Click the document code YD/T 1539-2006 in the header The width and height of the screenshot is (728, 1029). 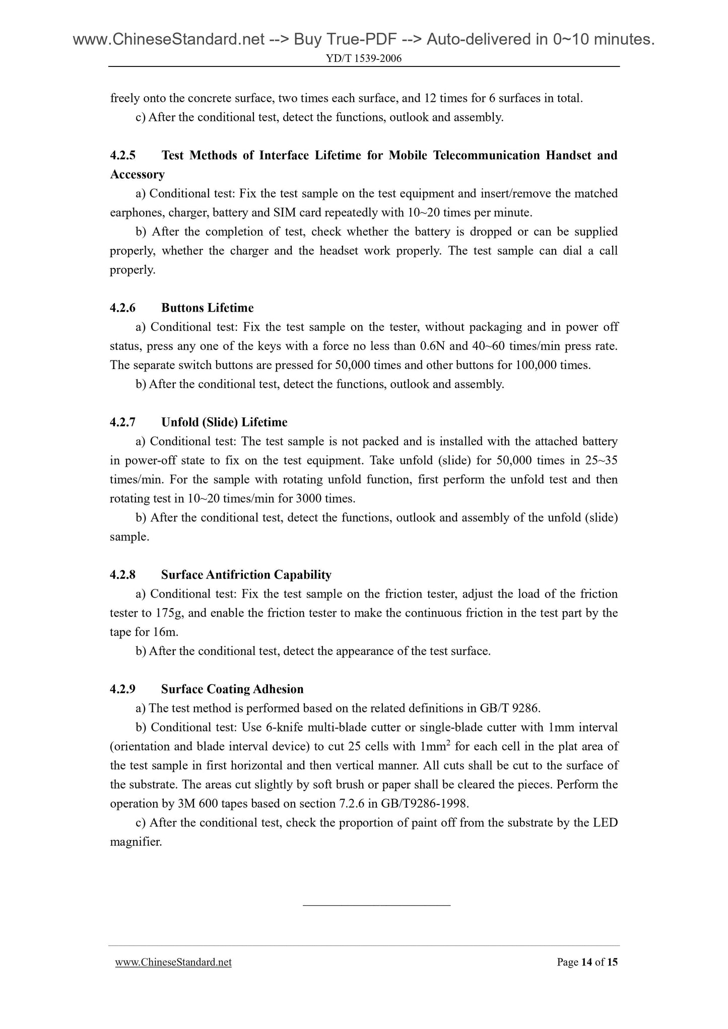(x=364, y=59)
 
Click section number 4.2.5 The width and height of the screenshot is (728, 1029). (x=123, y=156)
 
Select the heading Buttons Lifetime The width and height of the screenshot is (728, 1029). (x=207, y=308)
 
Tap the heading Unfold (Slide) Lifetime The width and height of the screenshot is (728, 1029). (x=224, y=422)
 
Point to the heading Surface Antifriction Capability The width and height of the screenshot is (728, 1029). (x=246, y=575)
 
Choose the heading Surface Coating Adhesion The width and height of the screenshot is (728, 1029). (x=232, y=689)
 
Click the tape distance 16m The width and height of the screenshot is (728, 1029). (x=165, y=632)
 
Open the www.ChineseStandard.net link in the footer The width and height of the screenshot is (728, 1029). (x=173, y=963)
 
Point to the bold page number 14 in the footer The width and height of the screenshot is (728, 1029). (x=586, y=963)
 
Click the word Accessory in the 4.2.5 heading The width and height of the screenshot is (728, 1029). (x=137, y=175)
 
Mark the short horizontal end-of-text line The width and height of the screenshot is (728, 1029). (x=376, y=906)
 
